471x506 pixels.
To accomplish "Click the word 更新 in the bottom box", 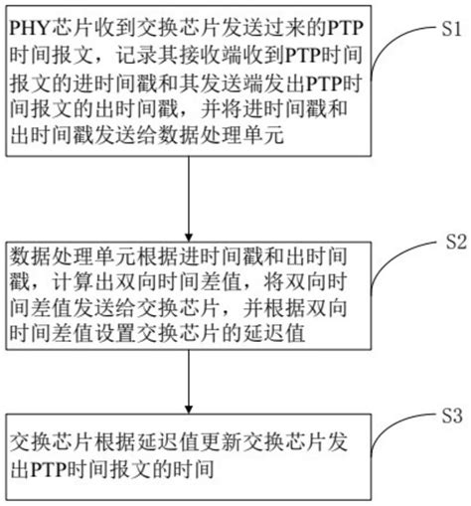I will point(221,438).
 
